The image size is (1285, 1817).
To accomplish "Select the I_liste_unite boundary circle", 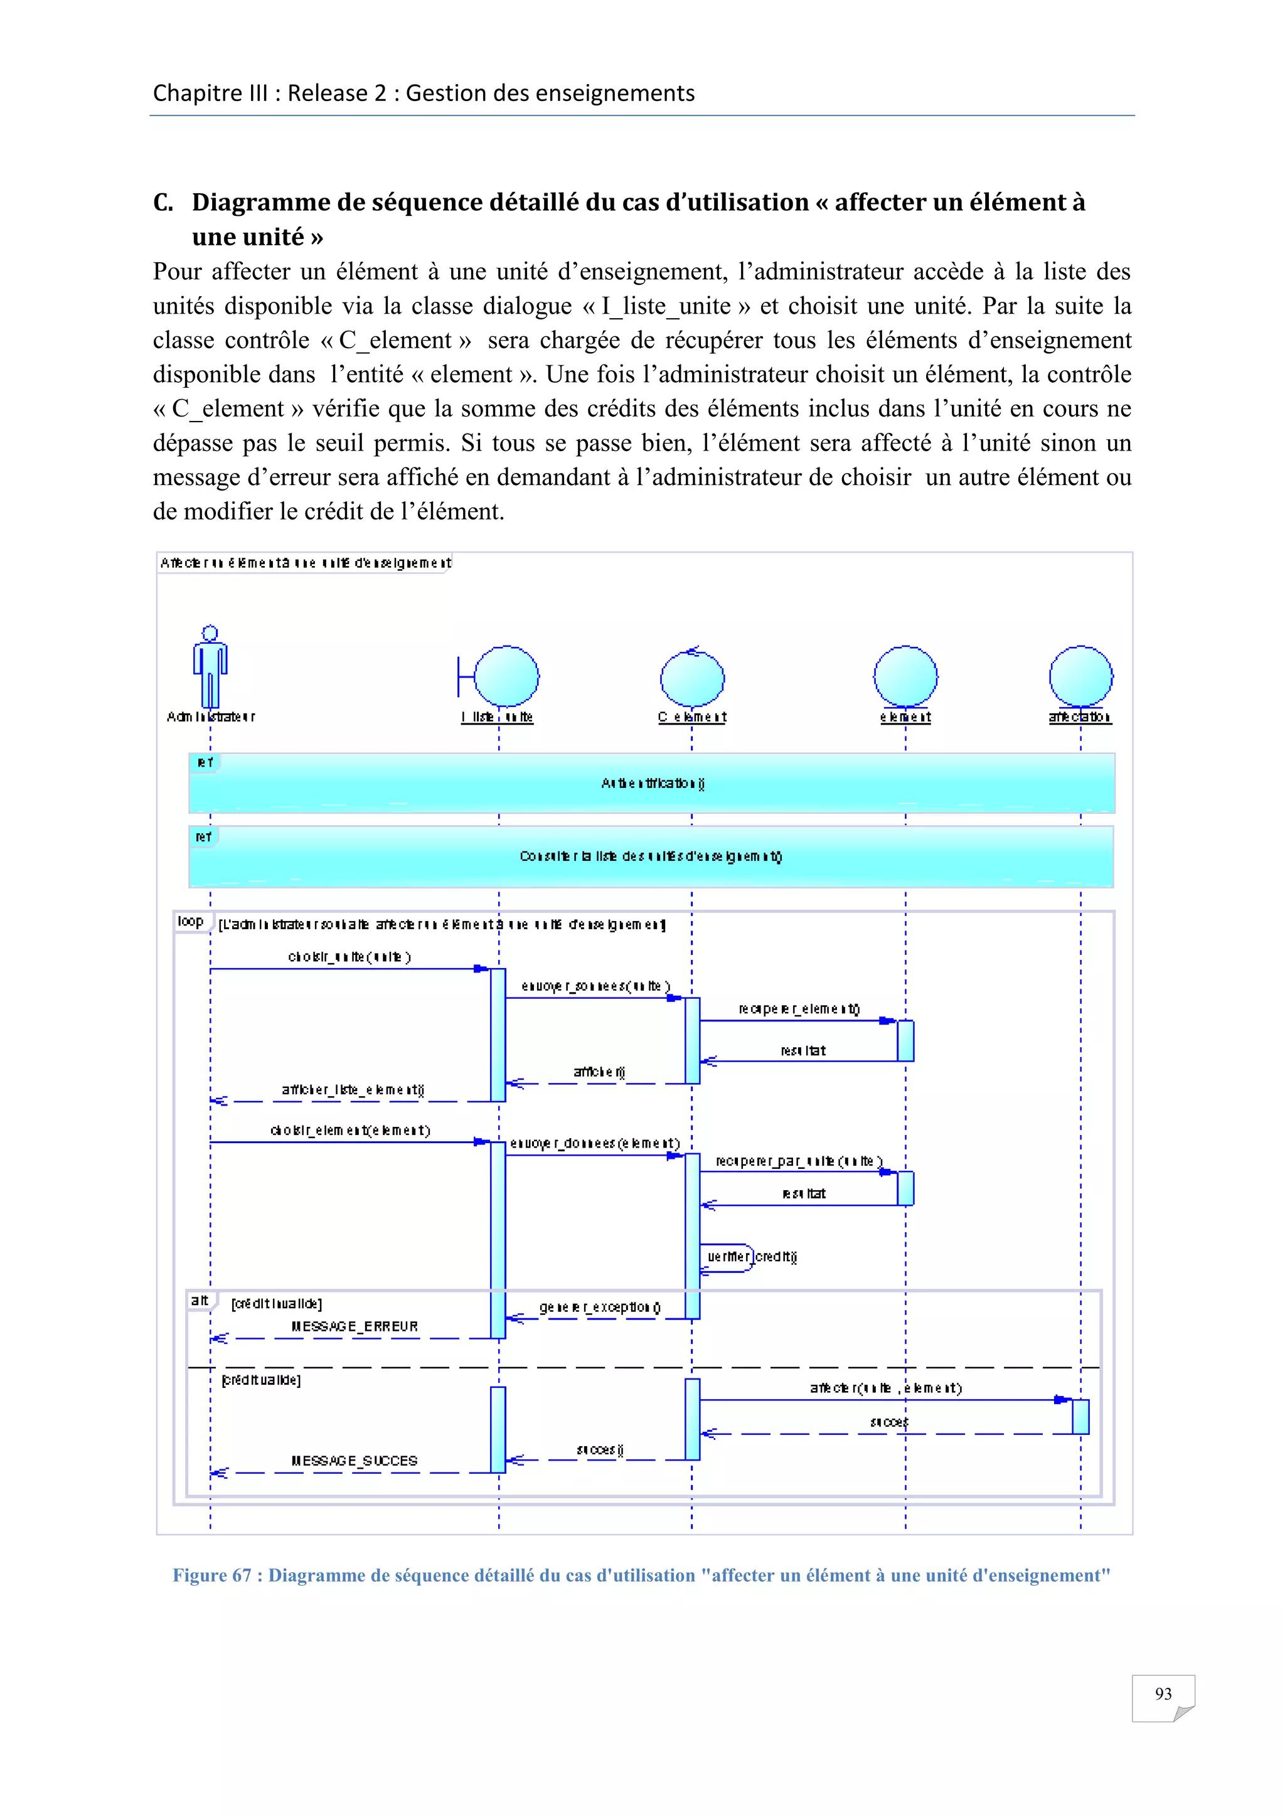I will pos(506,676).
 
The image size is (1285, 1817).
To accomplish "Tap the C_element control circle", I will pos(692,679).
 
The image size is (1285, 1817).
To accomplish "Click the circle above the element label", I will pos(905,676).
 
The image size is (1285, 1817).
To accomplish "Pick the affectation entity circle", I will pos(1081,676).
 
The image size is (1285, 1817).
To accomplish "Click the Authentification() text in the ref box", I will pos(653,784).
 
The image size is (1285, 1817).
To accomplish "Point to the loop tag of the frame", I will pos(191,921).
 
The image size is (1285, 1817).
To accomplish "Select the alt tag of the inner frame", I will pos(200,1300).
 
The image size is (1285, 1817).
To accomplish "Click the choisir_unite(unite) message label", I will pos(349,957).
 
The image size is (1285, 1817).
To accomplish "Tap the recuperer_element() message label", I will pos(799,1009).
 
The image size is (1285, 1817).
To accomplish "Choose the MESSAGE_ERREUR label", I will pos(355,1326).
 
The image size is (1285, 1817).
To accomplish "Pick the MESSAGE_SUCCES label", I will pos(355,1461).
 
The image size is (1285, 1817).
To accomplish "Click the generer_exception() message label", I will pos(600,1308).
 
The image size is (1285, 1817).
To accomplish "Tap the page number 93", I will pos(1163,1693).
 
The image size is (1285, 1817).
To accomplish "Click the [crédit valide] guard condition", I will pos(261,1380).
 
